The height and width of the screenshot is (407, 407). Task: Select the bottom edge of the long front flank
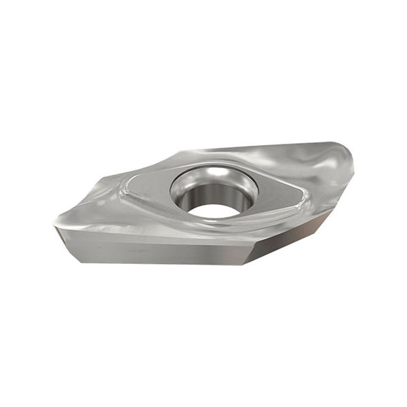(x=156, y=263)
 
